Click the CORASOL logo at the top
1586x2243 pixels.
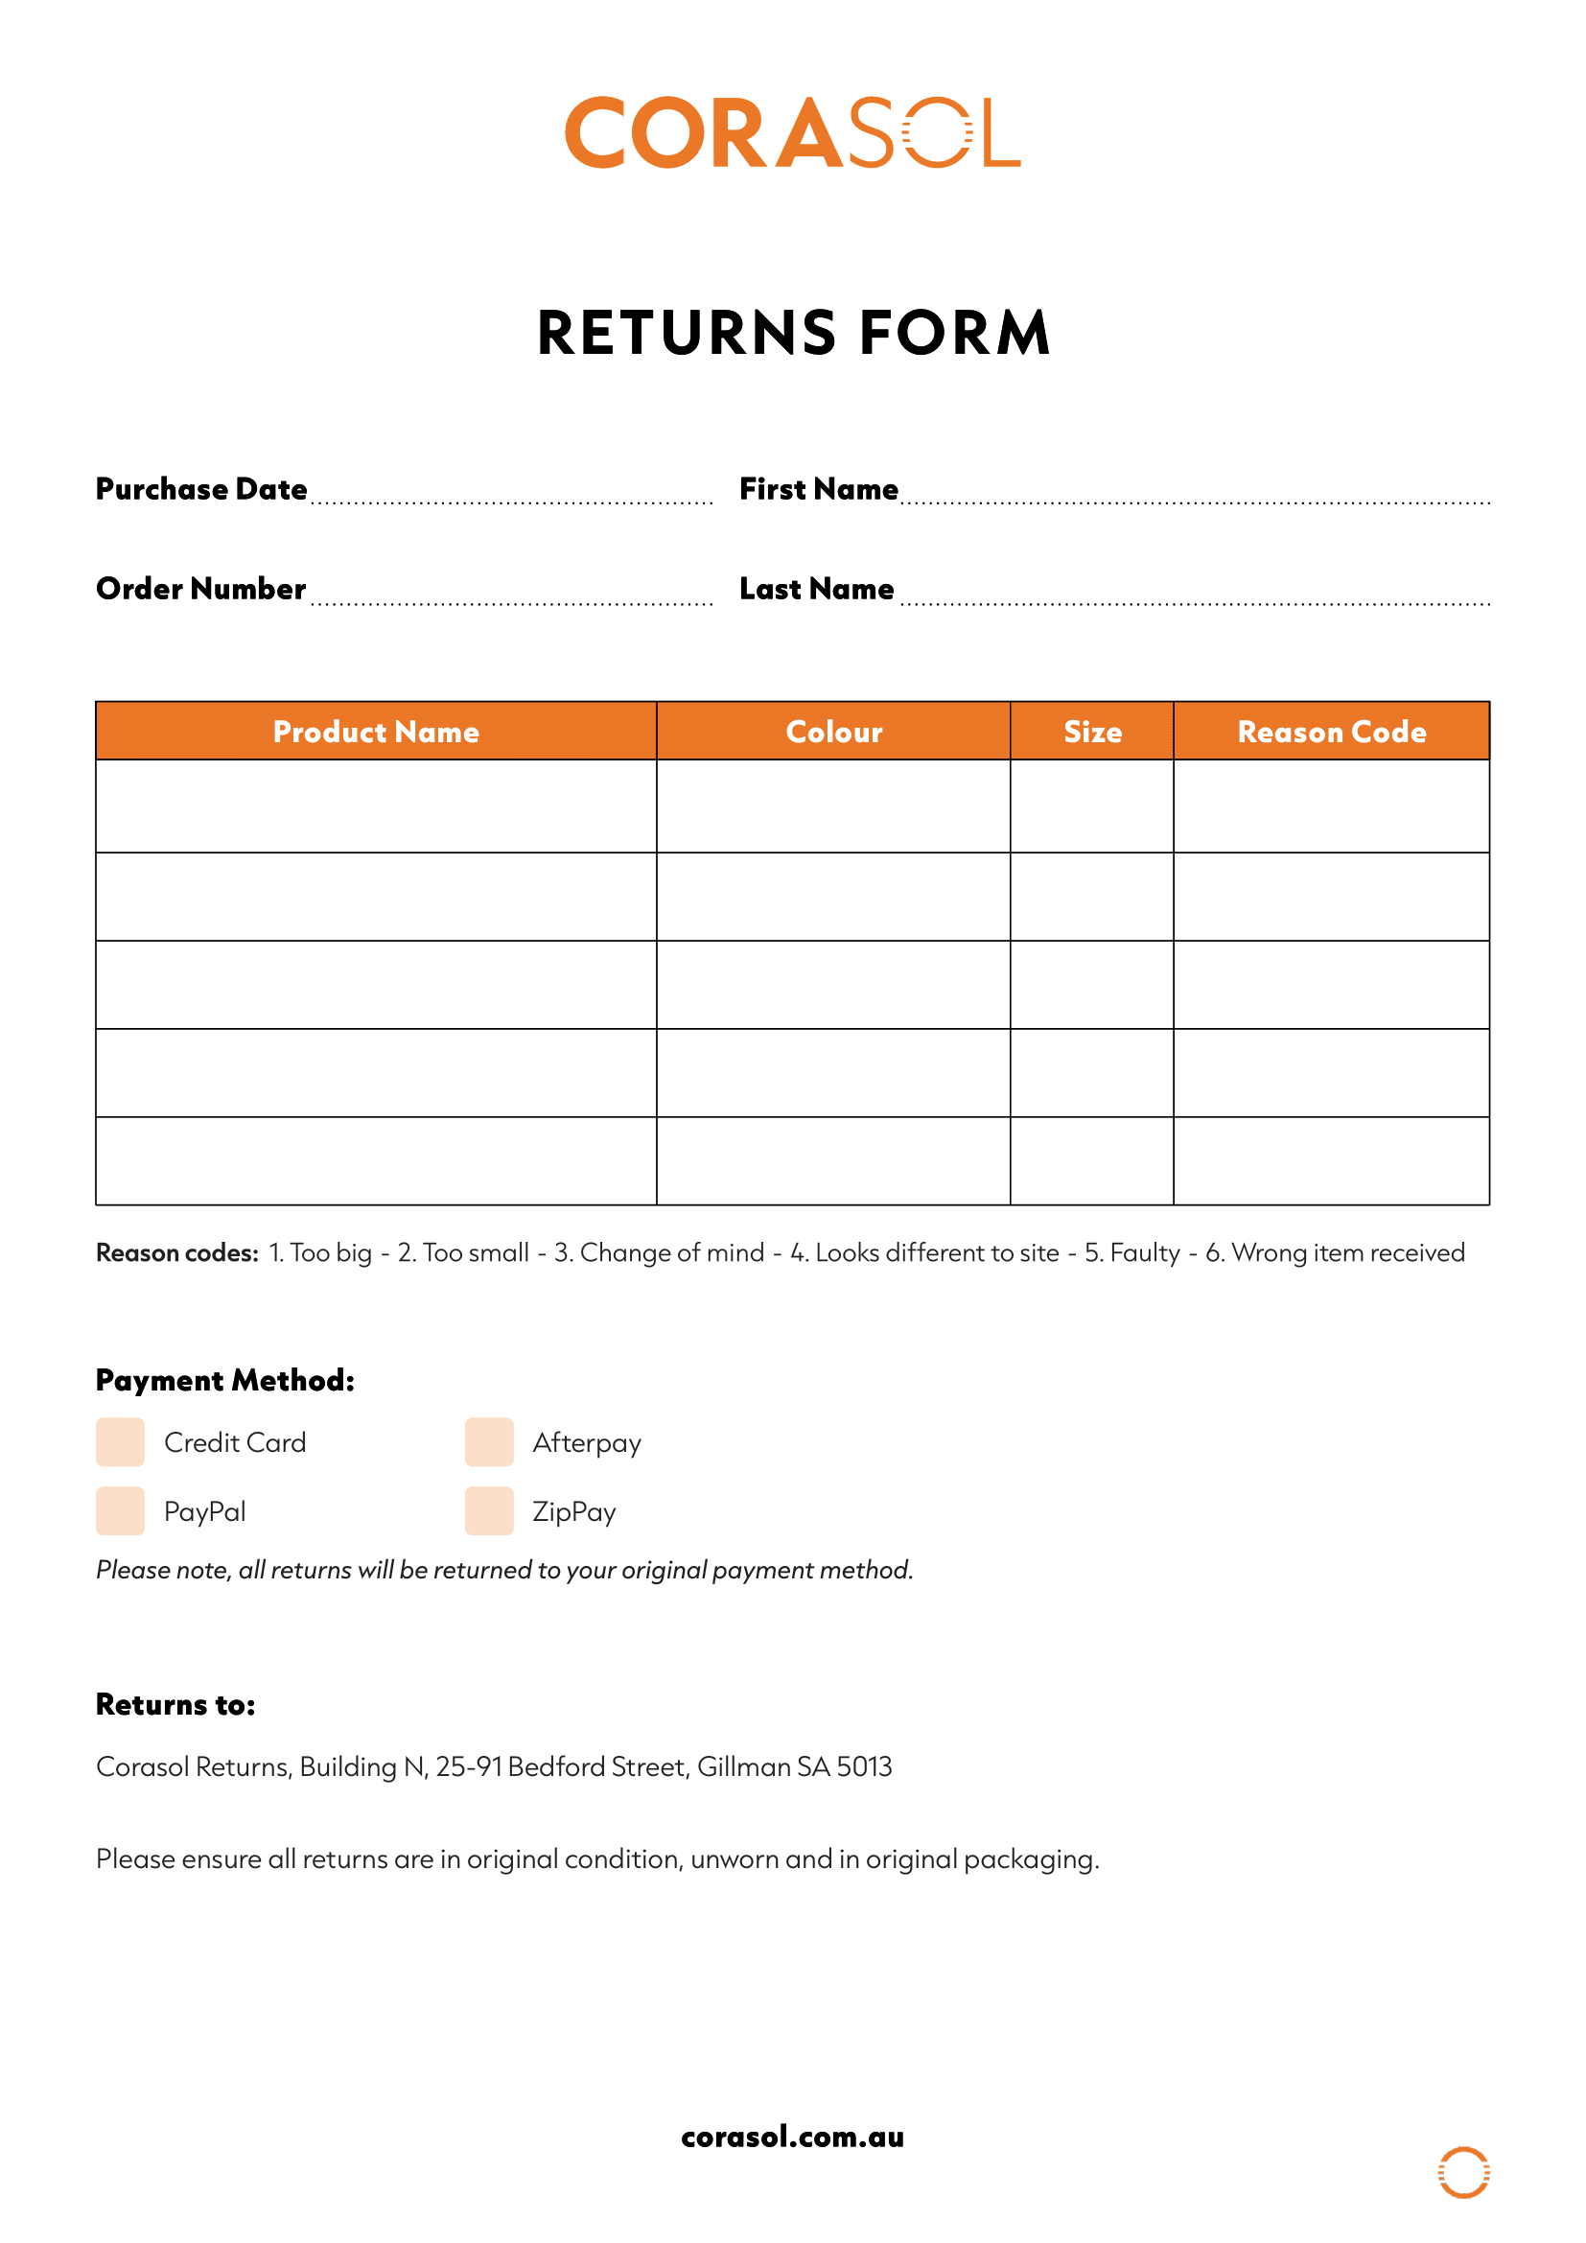point(792,133)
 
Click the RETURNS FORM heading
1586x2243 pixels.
point(793,332)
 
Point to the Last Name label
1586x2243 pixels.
point(816,589)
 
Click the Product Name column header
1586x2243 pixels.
point(376,732)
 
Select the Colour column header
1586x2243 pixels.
point(833,732)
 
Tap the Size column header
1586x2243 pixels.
point(1092,732)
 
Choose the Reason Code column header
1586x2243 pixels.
point(1331,732)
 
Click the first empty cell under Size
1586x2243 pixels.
point(1092,806)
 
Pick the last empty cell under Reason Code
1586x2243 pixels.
point(1331,1160)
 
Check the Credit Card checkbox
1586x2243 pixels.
point(120,1442)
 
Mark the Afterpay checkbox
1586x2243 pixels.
point(489,1442)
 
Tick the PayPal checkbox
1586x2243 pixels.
point(120,1511)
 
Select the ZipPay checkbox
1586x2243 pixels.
point(489,1511)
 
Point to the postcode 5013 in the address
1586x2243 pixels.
point(864,1766)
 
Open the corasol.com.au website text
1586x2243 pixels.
point(792,2137)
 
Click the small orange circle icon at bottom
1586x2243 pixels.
point(1463,2173)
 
